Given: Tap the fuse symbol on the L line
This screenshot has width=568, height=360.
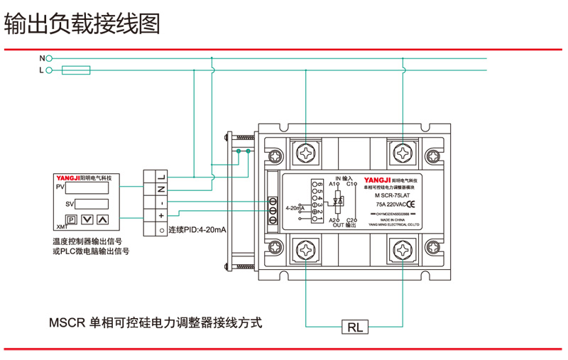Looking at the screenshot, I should (76, 70).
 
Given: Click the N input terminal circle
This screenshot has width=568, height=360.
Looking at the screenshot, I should (49, 58).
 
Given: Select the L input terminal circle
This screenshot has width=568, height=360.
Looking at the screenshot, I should (49, 70).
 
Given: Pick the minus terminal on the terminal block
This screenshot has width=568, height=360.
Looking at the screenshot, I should (161, 202).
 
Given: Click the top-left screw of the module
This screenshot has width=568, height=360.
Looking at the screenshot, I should (307, 153).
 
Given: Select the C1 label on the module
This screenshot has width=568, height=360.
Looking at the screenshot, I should (351, 185).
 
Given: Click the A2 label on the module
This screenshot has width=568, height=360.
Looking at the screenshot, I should (333, 220).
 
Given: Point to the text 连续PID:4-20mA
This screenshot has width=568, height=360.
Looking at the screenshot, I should (197, 230).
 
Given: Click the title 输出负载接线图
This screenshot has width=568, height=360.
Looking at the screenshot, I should (82, 23).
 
